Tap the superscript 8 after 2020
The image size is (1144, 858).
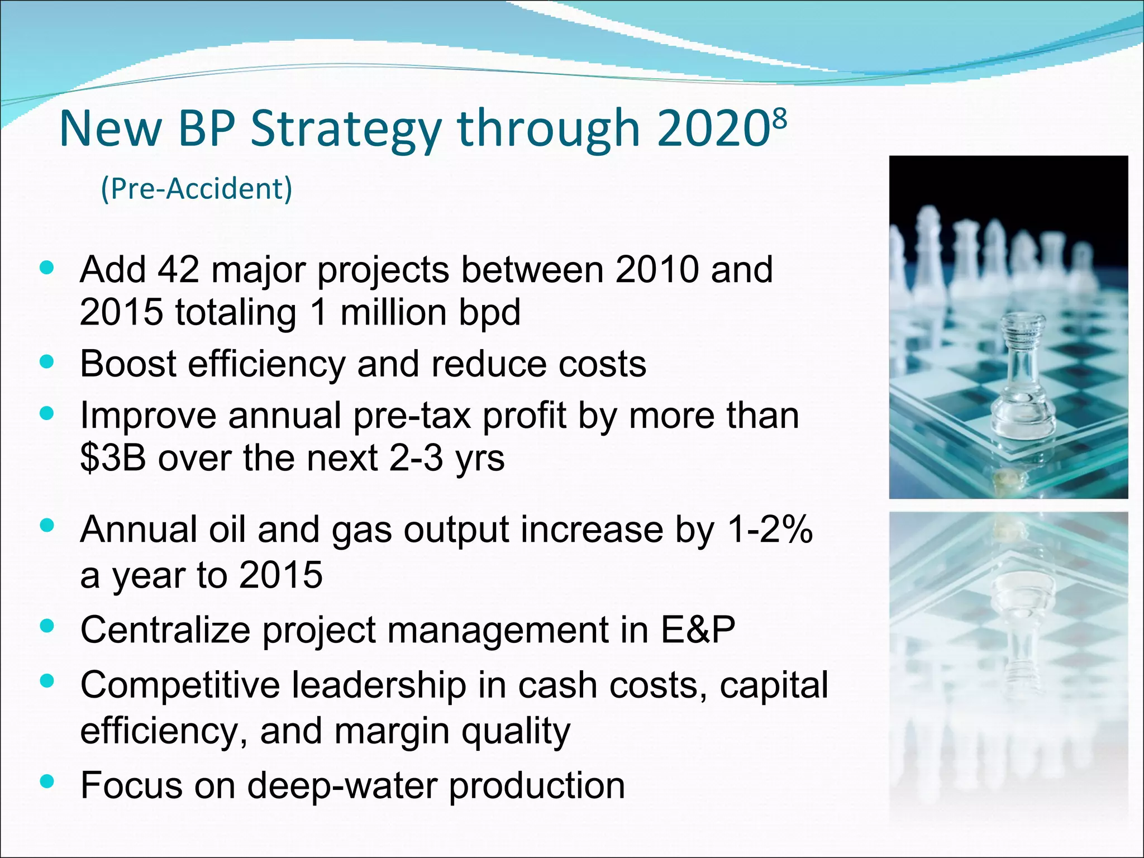(780, 118)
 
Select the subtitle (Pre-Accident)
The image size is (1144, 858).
(196, 189)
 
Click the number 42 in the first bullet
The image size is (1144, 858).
(178, 270)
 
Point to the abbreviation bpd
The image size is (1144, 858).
(489, 313)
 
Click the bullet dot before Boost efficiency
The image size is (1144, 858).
(47, 362)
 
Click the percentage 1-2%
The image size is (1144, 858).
(770, 530)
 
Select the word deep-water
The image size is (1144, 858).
(342, 785)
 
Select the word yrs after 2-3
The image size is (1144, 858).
(479, 459)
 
